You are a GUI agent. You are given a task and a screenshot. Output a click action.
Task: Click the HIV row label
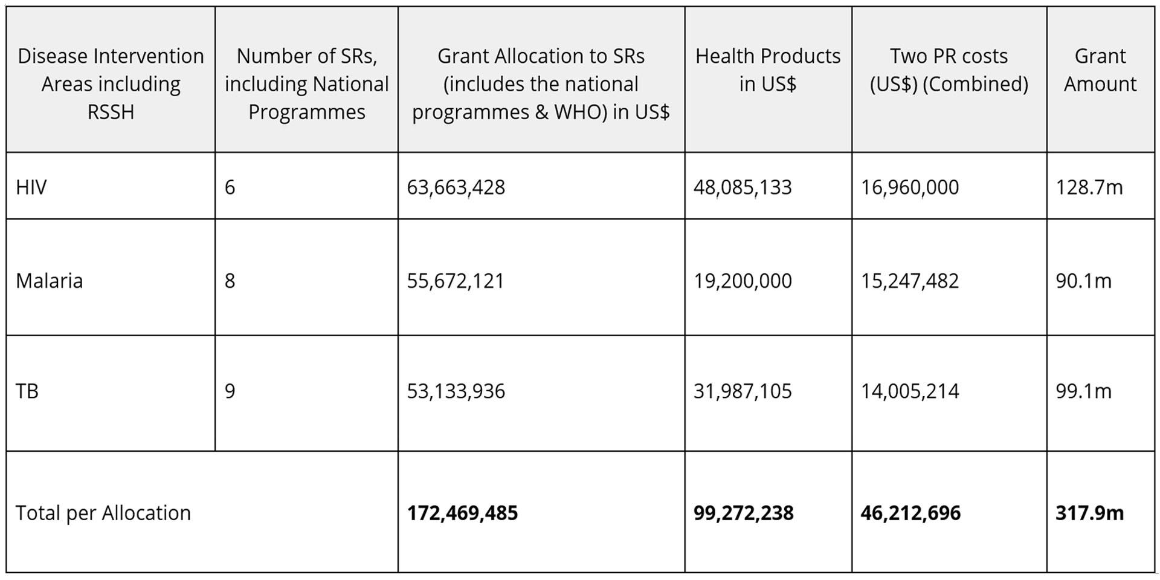pyautogui.click(x=31, y=187)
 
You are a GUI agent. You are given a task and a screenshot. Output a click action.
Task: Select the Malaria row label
pyautogui.click(x=49, y=281)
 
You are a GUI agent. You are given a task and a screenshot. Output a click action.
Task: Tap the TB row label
pyautogui.click(x=27, y=391)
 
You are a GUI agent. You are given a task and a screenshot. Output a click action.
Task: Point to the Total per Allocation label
pyautogui.click(x=103, y=513)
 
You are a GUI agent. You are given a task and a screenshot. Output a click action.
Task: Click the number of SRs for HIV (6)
pyautogui.click(x=230, y=187)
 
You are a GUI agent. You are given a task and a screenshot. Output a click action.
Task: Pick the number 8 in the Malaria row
pyautogui.click(x=230, y=281)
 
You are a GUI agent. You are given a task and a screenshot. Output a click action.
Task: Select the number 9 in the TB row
pyautogui.click(x=230, y=391)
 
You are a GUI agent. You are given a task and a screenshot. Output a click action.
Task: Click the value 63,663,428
pyautogui.click(x=456, y=187)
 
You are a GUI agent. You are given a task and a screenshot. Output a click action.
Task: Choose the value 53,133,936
pyautogui.click(x=456, y=391)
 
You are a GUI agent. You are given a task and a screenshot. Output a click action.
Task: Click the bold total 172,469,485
pyautogui.click(x=462, y=513)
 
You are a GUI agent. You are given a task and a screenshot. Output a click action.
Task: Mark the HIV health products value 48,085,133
pyautogui.click(x=743, y=187)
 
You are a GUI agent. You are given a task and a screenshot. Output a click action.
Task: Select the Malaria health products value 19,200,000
pyautogui.click(x=743, y=281)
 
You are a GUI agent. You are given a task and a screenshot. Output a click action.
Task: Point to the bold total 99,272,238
pyautogui.click(x=743, y=513)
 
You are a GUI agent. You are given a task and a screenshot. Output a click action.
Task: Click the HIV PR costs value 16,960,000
pyautogui.click(x=909, y=187)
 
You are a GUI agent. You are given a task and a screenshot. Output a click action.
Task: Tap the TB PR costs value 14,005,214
pyautogui.click(x=909, y=391)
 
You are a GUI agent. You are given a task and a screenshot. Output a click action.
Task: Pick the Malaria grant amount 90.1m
pyautogui.click(x=1083, y=281)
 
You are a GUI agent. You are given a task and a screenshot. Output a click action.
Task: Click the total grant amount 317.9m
pyautogui.click(x=1089, y=513)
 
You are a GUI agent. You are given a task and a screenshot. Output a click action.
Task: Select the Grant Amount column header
pyautogui.click(x=1100, y=70)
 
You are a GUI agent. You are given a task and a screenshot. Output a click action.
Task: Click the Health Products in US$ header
pyautogui.click(x=768, y=70)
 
